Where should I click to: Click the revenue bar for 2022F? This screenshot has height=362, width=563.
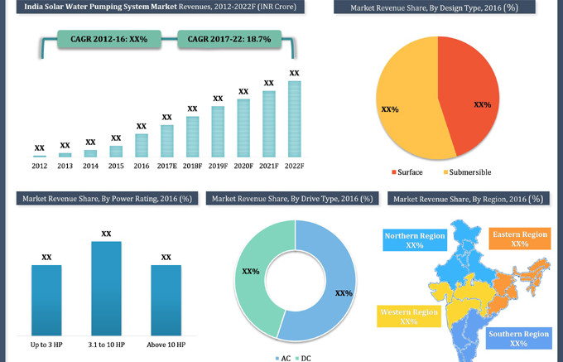tap(294, 118)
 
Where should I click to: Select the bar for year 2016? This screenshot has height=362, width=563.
tap(142, 145)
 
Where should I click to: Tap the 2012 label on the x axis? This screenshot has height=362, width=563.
tap(40, 166)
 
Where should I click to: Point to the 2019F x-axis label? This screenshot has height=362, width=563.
tap(218, 166)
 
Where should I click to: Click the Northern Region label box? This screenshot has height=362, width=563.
tap(415, 240)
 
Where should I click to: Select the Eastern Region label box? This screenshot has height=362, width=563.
tap(519, 239)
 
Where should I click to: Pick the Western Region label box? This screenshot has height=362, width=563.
tap(408, 316)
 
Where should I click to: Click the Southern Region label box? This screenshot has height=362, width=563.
tap(518, 338)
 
